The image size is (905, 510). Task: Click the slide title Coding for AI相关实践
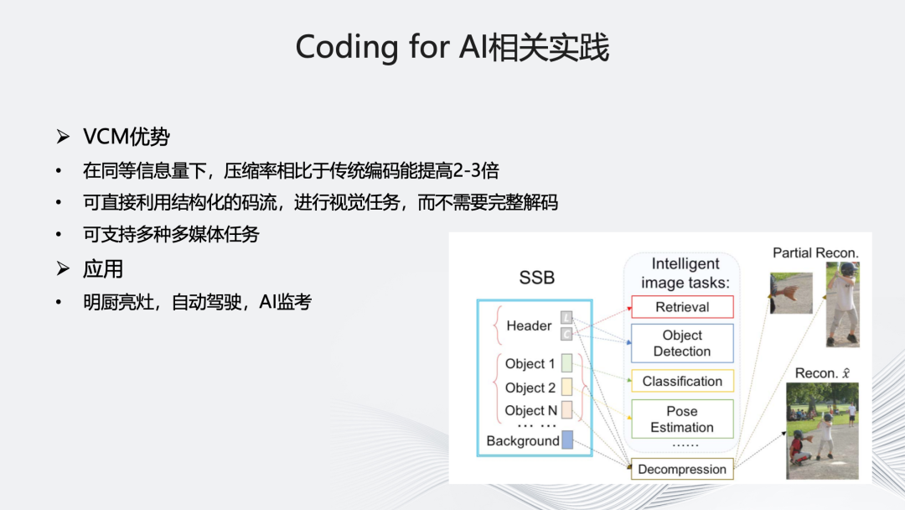tap(452, 48)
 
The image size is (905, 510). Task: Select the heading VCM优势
tap(127, 137)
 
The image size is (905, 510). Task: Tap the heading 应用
tap(103, 268)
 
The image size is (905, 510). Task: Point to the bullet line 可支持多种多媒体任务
tap(171, 235)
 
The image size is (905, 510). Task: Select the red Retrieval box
tap(681, 307)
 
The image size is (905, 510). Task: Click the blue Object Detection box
tap(681, 343)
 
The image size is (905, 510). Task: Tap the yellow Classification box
tap(681, 381)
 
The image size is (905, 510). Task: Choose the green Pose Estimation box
tap(681, 419)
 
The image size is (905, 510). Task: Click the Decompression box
tap(681, 469)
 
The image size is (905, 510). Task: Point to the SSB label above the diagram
tap(536, 278)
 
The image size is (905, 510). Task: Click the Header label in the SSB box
tap(529, 325)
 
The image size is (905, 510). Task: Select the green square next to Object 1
tap(566, 363)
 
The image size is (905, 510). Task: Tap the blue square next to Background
tap(567, 440)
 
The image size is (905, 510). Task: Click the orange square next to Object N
tap(566, 410)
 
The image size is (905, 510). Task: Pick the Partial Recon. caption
tap(815, 252)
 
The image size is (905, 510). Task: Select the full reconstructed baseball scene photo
tap(822, 431)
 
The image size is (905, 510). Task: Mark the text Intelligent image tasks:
tap(685, 273)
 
